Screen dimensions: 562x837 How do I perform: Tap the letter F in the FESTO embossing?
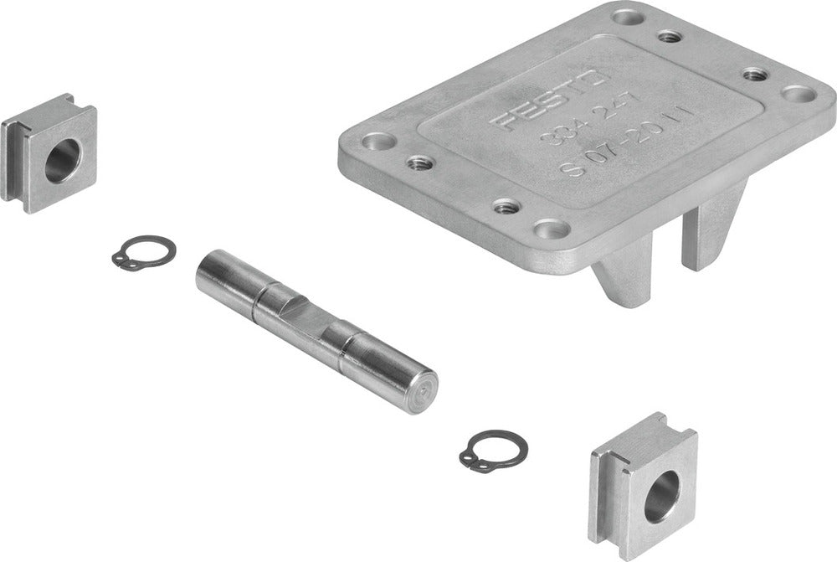504,124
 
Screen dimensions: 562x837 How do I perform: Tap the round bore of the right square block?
662,494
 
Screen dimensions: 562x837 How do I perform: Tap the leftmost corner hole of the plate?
375,142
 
